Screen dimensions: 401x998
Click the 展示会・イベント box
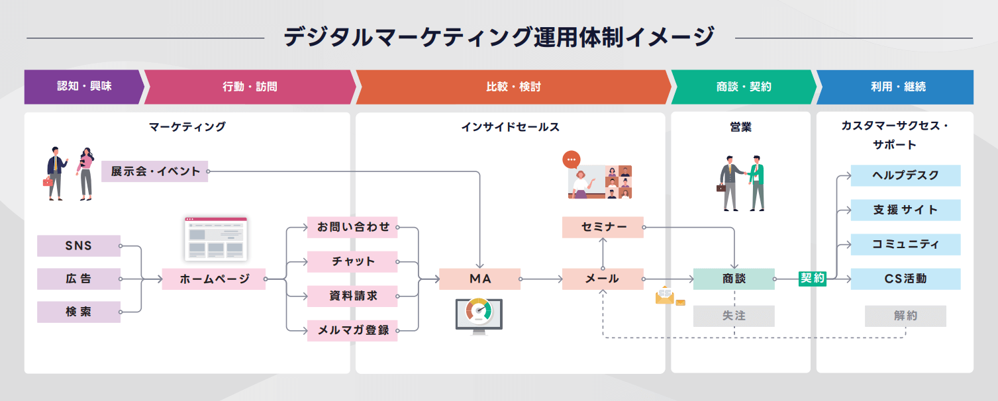tap(154, 171)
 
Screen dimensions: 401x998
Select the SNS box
tap(79, 246)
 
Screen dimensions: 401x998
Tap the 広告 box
tap(79, 279)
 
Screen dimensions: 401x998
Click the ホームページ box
tap(214, 279)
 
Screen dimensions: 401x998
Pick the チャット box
tap(352, 262)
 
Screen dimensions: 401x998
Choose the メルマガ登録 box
tap(352, 330)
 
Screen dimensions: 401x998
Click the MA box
tap(479, 279)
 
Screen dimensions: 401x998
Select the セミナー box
tap(603, 228)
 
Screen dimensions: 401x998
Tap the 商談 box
tap(734, 279)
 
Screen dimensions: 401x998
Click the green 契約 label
tap(813, 279)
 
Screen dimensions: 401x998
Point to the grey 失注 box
tap(734, 316)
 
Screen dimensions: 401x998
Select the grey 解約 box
tap(905, 316)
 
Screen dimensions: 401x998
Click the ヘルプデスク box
tap(905, 175)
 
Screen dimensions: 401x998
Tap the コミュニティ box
tap(905, 244)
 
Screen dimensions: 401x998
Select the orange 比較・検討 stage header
tap(513, 87)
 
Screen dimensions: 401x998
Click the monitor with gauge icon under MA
tap(479, 315)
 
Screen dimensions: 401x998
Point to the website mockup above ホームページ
tap(215, 239)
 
